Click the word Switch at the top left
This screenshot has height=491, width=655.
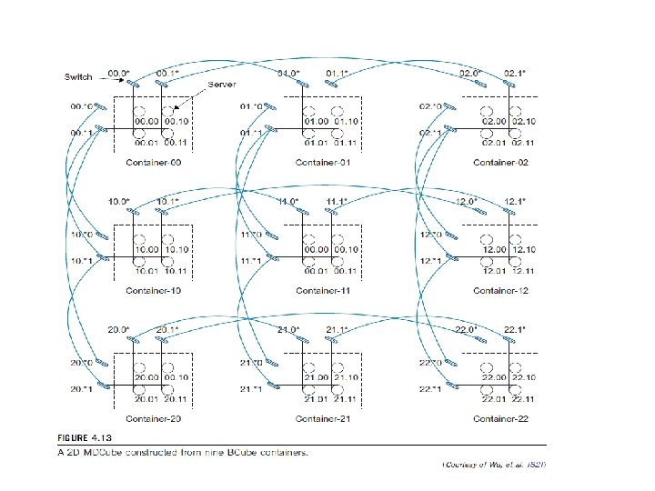coord(79,77)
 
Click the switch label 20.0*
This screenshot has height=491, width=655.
coord(119,329)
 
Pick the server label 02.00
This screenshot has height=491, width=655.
coord(494,120)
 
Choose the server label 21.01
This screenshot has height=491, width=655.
coord(317,397)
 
